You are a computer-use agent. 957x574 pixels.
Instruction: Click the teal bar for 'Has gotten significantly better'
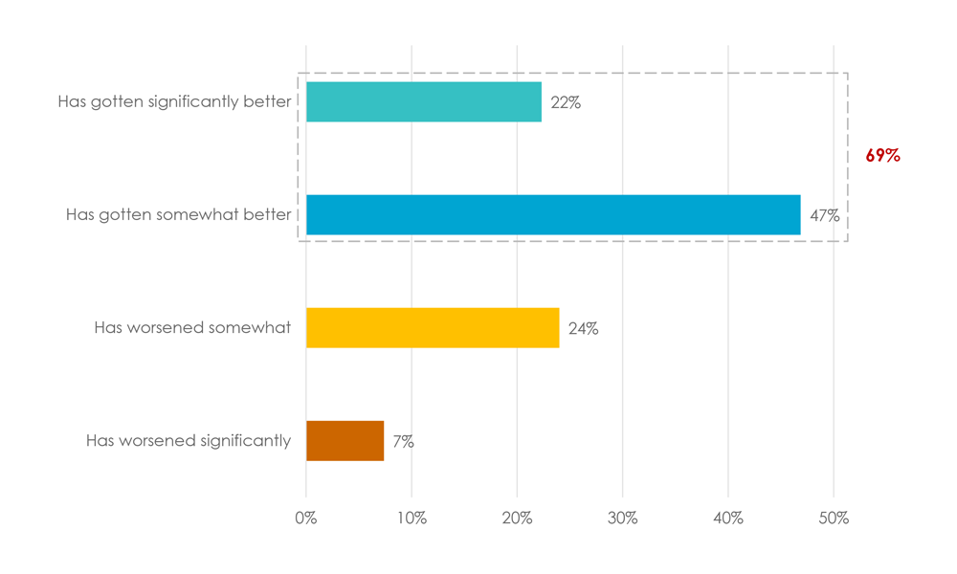tap(423, 102)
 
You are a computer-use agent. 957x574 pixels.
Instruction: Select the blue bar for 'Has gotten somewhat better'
tap(553, 215)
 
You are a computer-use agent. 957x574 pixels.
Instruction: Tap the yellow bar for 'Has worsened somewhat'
tap(433, 328)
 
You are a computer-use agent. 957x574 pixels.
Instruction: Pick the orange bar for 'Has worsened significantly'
tap(345, 441)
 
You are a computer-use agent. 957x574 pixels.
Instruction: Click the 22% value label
tap(566, 103)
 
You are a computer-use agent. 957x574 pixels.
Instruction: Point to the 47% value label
tap(824, 216)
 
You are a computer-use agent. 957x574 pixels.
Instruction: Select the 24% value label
tap(583, 329)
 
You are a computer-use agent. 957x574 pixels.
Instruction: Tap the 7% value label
tap(403, 442)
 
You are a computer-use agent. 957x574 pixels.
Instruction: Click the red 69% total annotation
tap(882, 156)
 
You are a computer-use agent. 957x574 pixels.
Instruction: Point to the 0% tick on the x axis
tap(306, 519)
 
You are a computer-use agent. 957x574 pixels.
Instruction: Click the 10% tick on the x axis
tap(412, 519)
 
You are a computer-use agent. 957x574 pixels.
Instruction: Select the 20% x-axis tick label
tap(517, 519)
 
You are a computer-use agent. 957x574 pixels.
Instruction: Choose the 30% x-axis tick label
tap(622, 519)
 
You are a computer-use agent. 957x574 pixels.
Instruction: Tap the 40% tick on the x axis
tap(727, 519)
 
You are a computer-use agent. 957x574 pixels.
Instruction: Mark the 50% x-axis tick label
tap(833, 519)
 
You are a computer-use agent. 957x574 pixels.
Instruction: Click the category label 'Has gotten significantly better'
tap(174, 102)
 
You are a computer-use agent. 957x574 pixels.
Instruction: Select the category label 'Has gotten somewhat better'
tap(178, 215)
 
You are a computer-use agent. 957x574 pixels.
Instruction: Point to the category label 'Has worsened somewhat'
tap(192, 328)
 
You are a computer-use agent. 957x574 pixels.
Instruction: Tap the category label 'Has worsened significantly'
tap(189, 441)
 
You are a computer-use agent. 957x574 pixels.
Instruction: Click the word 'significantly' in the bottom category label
tap(245, 441)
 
